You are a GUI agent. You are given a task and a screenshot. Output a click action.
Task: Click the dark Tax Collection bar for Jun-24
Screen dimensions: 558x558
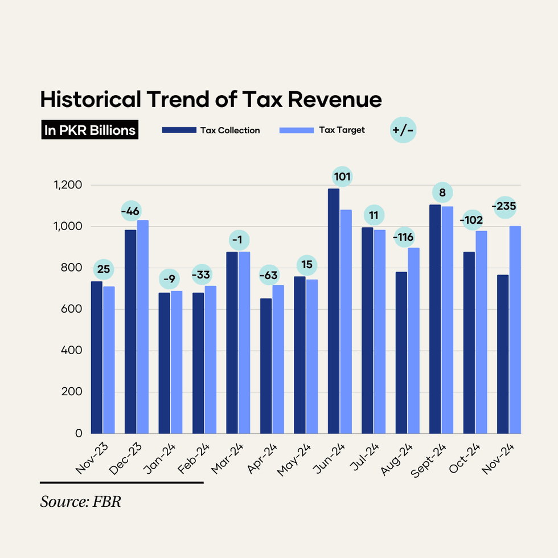point(333,311)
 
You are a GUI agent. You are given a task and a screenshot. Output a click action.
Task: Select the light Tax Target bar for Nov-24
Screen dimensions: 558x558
point(515,330)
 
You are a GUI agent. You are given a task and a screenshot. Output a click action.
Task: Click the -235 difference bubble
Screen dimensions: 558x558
point(504,206)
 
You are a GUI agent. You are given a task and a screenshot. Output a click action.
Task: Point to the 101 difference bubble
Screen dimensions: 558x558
point(342,177)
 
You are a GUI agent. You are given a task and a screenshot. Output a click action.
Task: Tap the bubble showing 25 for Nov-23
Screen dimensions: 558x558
point(103,267)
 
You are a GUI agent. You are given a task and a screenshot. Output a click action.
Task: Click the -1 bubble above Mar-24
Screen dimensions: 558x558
point(239,240)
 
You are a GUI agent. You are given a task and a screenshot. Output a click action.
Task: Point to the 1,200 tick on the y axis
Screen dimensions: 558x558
point(67,185)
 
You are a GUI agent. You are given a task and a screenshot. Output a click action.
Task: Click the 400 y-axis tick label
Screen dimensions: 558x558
point(71,350)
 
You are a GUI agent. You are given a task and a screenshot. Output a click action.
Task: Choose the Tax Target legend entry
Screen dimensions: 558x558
point(322,130)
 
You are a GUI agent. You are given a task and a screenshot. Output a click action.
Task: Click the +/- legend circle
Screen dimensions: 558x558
point(403,130)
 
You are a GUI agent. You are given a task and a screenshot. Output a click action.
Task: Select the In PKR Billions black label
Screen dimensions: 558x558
point(90,130)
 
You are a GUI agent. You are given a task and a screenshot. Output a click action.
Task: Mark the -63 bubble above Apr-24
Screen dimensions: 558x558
point(269,276)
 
